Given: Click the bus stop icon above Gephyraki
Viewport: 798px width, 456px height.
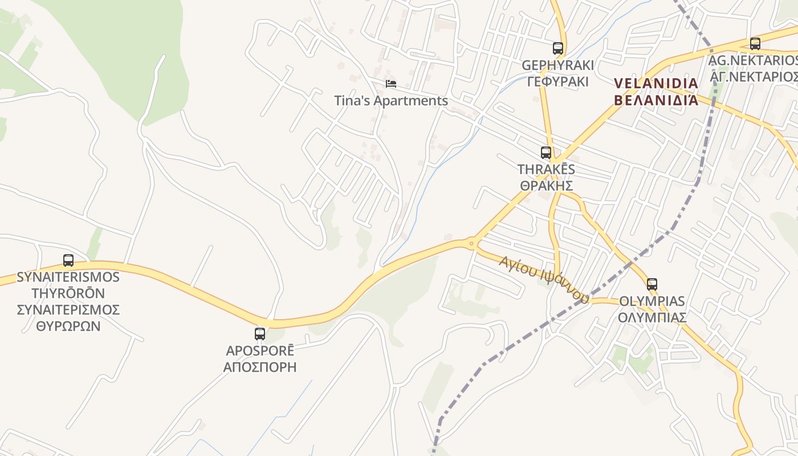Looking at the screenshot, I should (558, 48).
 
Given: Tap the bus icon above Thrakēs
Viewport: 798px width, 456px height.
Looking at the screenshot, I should (546, 153).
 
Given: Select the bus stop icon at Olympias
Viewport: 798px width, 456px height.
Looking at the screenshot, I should (652, 284).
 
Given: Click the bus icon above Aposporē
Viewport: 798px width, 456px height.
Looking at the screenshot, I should (260, 334).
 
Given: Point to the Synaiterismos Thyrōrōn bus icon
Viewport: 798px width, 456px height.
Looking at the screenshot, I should (68, 260).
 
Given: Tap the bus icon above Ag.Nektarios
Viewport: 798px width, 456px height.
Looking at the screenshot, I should (755, 43).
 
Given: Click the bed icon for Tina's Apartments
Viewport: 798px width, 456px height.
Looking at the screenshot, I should (391, 84).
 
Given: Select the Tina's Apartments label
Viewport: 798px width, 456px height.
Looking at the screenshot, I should (391, 101).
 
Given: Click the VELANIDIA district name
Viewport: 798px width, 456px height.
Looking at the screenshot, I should (657, 84).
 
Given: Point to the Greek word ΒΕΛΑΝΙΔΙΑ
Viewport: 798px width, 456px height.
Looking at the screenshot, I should (657, 100).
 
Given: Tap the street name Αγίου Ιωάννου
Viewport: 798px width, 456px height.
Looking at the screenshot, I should (543, 279).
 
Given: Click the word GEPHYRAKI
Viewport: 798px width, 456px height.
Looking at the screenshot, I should (558, 65).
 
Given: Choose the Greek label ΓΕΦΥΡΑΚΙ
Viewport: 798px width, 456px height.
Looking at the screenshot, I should (558, 81).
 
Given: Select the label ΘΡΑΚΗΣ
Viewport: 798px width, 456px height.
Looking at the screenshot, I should (546, 185).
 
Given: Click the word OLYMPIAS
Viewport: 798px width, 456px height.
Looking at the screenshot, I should (652, 301).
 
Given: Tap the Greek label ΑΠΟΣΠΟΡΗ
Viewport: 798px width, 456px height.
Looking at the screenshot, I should (260, 367).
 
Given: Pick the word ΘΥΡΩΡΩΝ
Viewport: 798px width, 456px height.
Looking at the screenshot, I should (68, 326).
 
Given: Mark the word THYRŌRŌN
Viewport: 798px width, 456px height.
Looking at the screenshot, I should (68, 294).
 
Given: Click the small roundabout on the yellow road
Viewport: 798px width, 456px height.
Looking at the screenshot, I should (471, 244).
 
